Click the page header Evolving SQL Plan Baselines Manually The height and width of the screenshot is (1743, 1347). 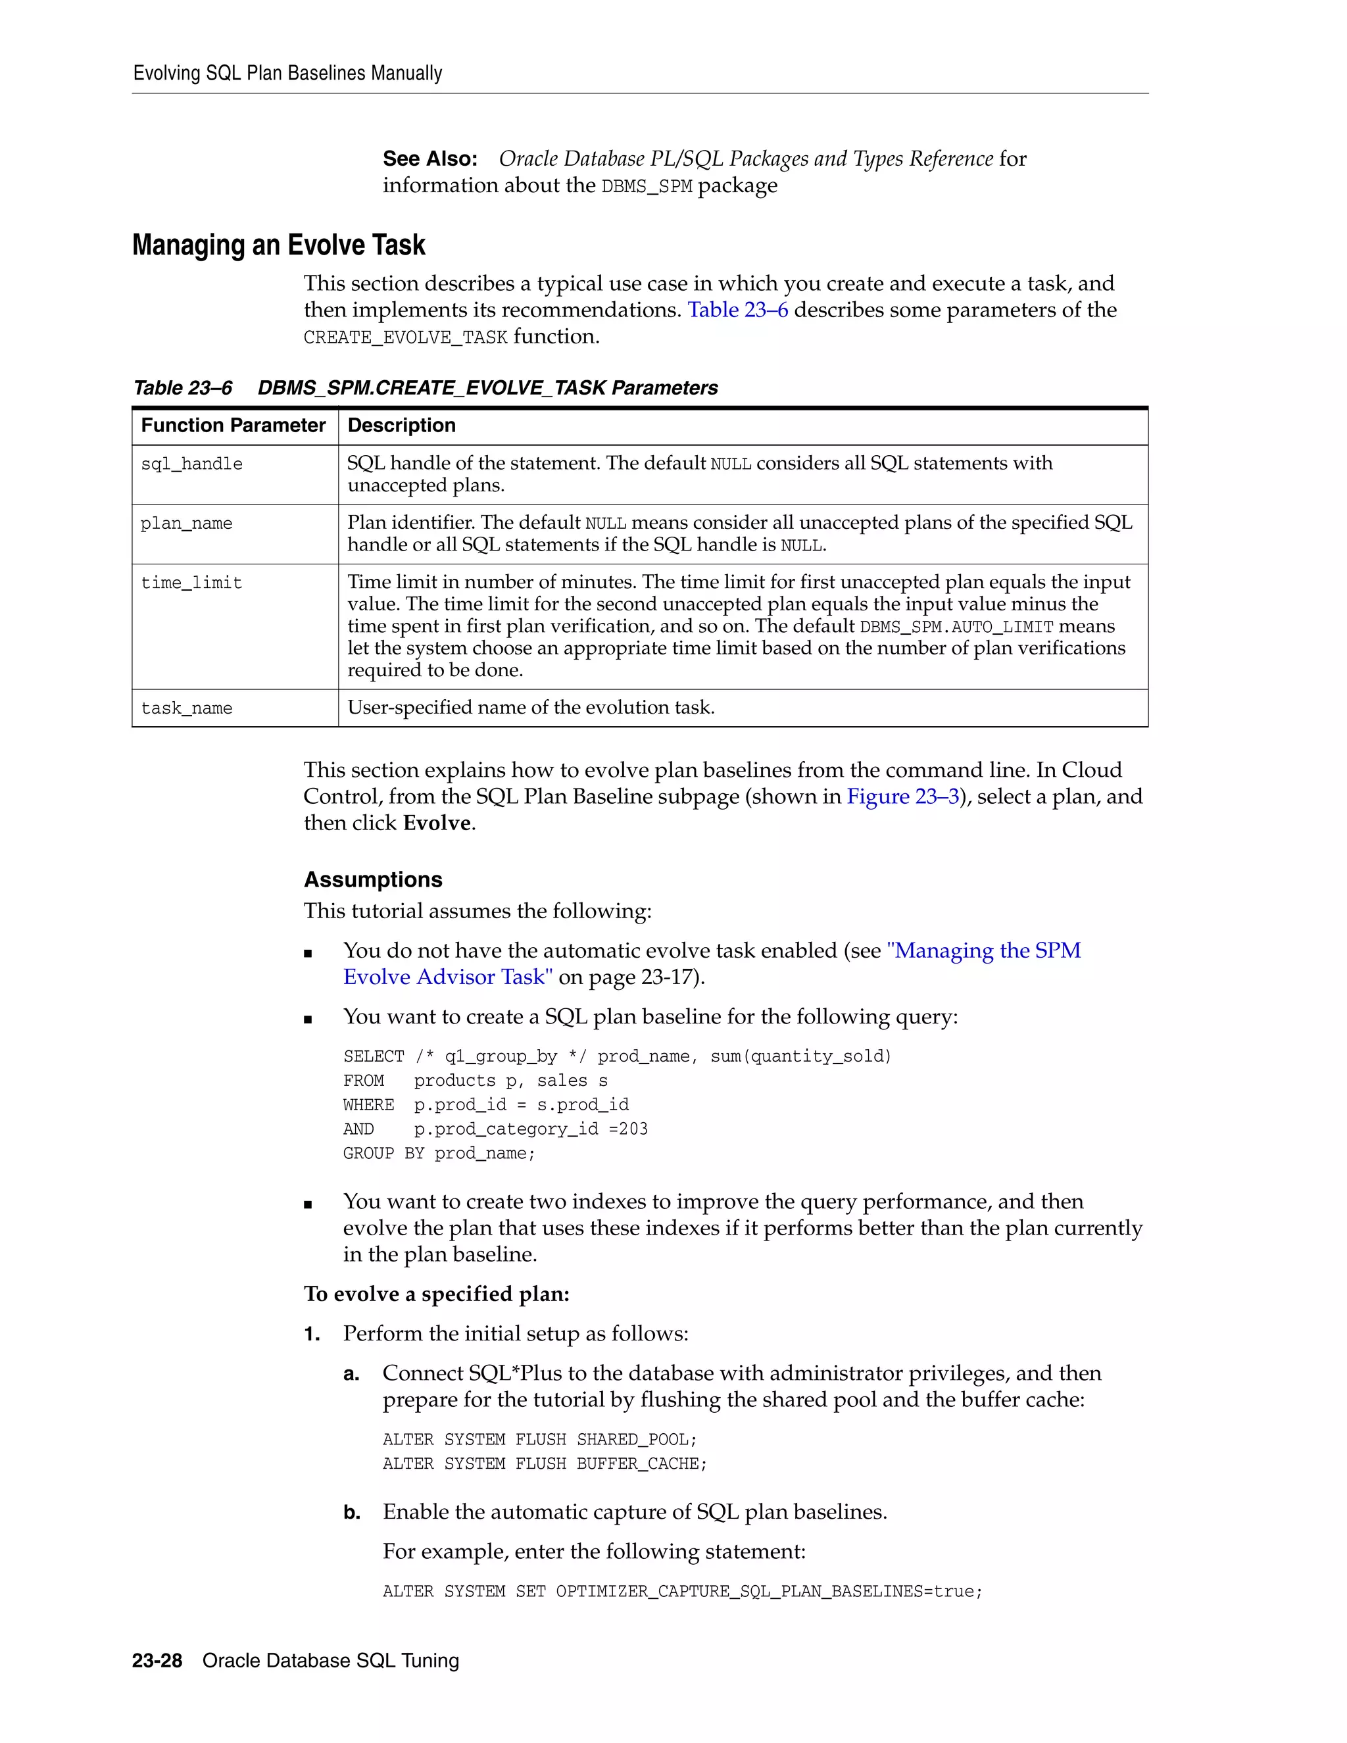pos(287,74)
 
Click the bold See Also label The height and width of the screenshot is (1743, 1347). pos(429,159)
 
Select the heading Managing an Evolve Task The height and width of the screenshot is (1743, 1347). pos(278,245)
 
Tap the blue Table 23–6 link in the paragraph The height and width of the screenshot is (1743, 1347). pos(737,310)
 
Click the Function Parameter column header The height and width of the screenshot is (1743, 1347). pos(233,426)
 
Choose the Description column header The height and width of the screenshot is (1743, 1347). pos(401,426)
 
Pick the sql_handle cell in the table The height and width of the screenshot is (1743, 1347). pos(191,464)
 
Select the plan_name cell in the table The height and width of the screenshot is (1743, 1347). pos(187,524)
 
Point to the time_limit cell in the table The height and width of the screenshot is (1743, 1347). pos(191,583)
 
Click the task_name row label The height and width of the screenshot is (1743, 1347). pos(187,708)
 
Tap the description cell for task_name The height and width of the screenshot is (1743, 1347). pos(531,707)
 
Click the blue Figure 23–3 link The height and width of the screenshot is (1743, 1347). pos(902,797)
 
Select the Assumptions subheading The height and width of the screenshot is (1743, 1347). pos(373,879)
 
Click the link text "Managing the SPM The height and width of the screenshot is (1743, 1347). pos(983,950)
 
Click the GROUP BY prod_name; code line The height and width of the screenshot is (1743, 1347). pos(439,1153)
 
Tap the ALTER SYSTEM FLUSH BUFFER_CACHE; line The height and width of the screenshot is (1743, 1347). pos(544,1463)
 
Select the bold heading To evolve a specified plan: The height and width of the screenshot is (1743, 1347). pos(437,1294)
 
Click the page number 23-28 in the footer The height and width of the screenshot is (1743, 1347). pos(157,1661)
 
